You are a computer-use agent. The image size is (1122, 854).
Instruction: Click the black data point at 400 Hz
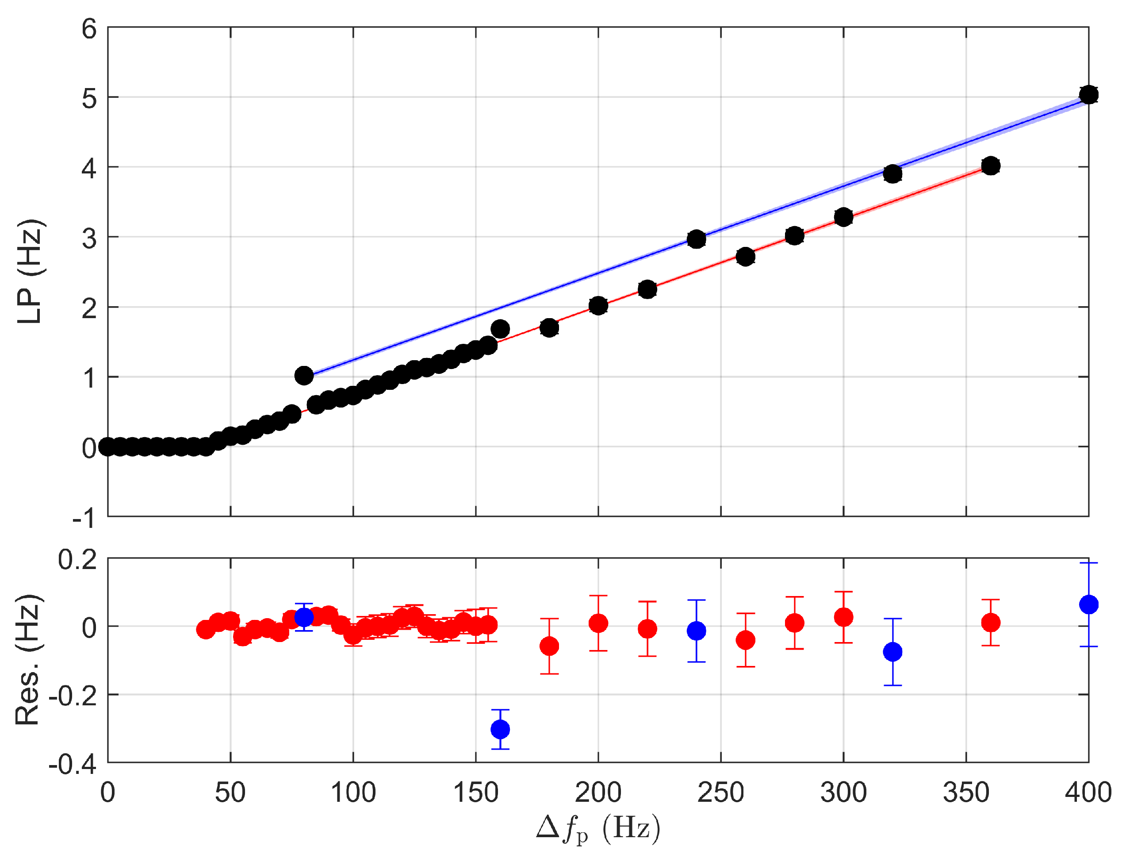pos(1088,95)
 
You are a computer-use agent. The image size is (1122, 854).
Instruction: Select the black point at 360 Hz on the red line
pos(991,166)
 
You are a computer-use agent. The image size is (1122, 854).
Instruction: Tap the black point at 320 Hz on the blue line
pos(892,174)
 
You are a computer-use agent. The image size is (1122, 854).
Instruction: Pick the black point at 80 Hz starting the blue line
pos(304,376)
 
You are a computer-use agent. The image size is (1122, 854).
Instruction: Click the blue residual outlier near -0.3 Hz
pos(500,730)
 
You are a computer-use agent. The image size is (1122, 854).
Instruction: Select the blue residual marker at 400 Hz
pos(1088,604)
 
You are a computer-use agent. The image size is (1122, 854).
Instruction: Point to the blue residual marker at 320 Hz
pos(892,652)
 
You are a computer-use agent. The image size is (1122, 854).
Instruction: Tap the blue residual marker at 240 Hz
pos(697,631)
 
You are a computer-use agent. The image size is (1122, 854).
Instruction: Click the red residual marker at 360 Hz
pos(991,622)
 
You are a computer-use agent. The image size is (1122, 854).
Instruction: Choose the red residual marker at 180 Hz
pos(549,646)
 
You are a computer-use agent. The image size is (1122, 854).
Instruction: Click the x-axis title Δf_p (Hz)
pos(598,829)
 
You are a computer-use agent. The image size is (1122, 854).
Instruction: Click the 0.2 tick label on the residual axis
pos(77,560)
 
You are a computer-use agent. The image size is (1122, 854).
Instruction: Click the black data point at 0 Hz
pos(107,447)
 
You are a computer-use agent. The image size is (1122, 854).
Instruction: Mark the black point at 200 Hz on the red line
pos(598,305)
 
